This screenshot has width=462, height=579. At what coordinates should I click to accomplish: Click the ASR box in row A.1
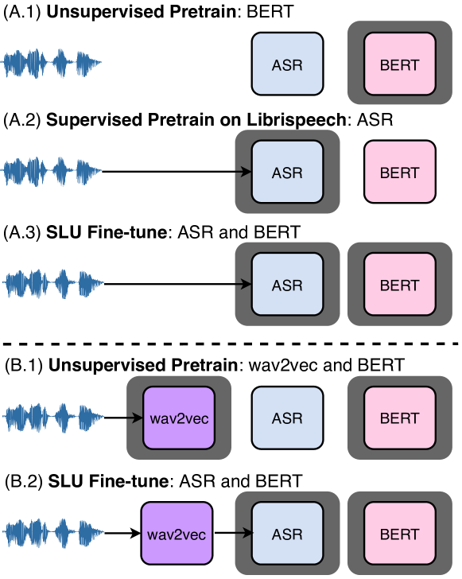click(x=287, y=64)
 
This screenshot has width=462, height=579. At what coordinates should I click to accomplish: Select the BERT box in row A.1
click(x=399, y=64)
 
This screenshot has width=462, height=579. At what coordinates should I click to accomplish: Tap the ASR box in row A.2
click(x=287, y=172)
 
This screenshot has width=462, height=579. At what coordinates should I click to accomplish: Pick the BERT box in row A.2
click(x=399, y=172)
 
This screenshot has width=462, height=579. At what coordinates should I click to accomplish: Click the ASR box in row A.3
click(x=287, y=284)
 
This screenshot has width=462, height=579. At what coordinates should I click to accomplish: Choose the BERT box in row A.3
click(x=399, y=284)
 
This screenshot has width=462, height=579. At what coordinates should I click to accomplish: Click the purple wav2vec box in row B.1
click(x=179, y=418)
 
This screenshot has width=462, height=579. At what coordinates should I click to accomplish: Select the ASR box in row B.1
click(x=287, y=418)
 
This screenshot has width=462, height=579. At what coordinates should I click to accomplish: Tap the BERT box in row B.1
click(x=399, y=418)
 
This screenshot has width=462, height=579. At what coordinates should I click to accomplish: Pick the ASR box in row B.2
click(x=287, y=534)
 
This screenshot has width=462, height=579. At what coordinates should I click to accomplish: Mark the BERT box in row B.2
click(x=399, y=534)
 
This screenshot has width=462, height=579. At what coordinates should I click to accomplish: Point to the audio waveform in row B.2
click(x=52, y=534)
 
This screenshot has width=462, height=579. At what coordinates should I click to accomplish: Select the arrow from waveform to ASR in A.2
click(x=175, y=172)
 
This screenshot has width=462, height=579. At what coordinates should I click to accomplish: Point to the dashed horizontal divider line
click(x=231, y=343)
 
